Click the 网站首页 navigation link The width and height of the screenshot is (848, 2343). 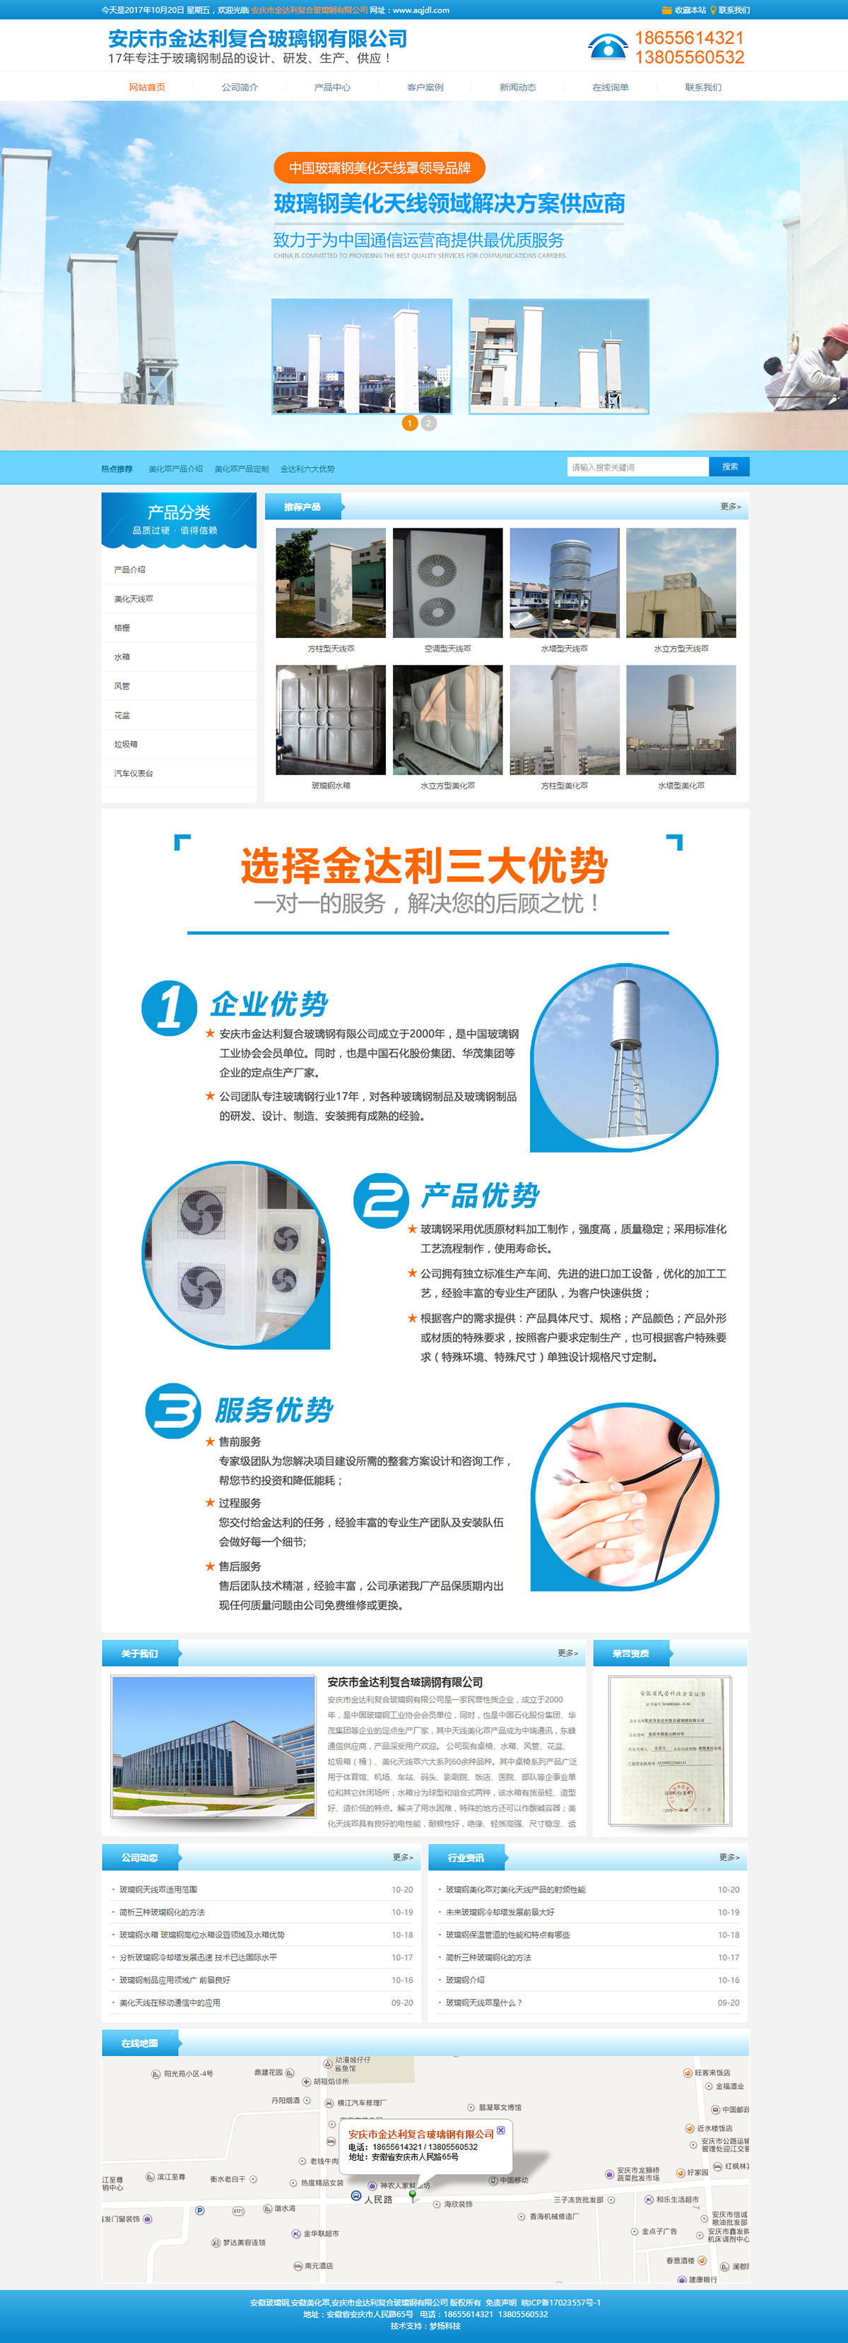pyautogui.click(x=146, y=88)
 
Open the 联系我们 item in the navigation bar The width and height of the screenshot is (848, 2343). pyautogui.click(x=702, y=88)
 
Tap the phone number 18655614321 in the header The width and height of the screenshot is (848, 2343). pyautogui.click(x=689, y=37)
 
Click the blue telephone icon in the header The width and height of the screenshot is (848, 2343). pyautogui.click(x=607, y=47)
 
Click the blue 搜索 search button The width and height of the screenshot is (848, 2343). pyautogui.click(x=729, y=466)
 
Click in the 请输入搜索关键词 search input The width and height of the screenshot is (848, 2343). pyautogui.click(x=636, y=466)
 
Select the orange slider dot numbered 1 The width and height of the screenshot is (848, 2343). pyautogui.click(x=409, y=423)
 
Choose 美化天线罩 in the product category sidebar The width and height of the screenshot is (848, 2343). pyautogui.click(x=134, y=598)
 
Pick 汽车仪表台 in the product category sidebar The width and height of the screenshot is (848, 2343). pyautogui.click(x=134, y=773)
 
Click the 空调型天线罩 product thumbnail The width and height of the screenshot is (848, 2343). pyautogui.click(x=447, y=583)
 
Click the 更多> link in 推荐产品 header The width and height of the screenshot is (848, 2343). pyautogui.click(x=730, y=507)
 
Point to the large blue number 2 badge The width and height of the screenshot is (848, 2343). pyautogui.click(x=379, y=1200)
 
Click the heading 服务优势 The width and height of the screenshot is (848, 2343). pyautogui.click(x=274, y=1410)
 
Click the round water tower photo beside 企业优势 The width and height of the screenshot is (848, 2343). pyautogui.click(x=624, y=1055)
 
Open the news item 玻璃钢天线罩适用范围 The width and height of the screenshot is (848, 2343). pyautogui.click(x=158, y=1889)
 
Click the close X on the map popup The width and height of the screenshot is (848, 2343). pyautogui.click(x=500, y=2130)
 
